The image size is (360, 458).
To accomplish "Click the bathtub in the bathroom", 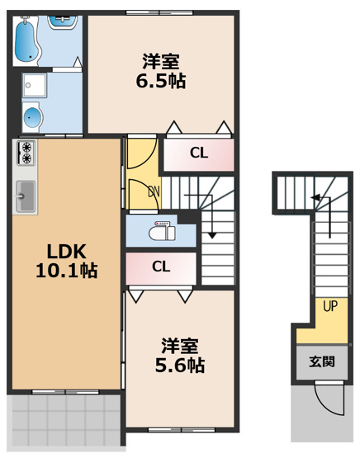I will (x=28, y=36).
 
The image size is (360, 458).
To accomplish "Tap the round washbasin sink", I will (x=32, y=117).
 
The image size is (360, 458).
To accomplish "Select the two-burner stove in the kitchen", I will (x=26, y=153).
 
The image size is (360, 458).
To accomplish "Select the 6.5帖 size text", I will (x=161, y=81).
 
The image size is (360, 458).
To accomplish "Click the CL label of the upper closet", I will (x=198, y=153).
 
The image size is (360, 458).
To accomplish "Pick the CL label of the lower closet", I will (x=161, y=267).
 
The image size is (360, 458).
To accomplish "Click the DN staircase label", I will (x=154, y=191).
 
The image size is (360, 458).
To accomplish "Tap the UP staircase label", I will (x=329, y=307).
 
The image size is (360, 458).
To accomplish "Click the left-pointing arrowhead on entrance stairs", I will (x=315, y=197).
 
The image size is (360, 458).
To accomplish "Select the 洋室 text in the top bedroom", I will (x=161, y=61).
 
